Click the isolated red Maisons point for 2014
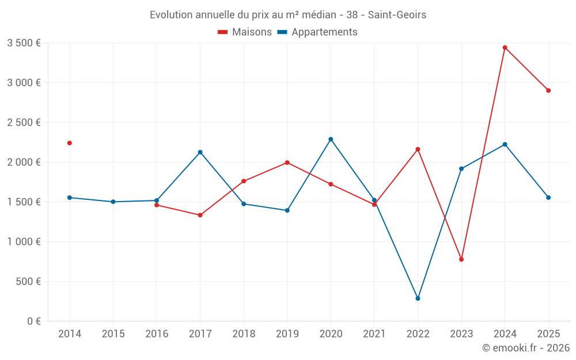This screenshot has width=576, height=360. [x=70, y=143]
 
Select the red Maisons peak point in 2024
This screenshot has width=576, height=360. [x=505, y=48]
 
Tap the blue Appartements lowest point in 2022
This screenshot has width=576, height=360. [x=418, y=298]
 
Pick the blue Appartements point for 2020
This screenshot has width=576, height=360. [x=331, y=139]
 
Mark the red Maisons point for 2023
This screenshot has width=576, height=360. [x=461, y=259]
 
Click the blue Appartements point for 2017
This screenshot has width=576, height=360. [x=200, y=152]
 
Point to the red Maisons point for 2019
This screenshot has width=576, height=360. [x=287, y=162]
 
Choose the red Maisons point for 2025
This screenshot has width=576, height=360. [x=548, y=90]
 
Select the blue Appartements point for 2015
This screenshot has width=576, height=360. [x=113, y=202]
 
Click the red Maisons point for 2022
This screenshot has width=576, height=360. [x=418, y=149]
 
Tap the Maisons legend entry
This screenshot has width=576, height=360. [x=245, y=32]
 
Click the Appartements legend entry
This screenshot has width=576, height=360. [x=317, y=32]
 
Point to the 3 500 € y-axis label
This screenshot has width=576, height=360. [x=24, y=43]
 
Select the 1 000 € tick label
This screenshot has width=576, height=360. [x=24, y=242]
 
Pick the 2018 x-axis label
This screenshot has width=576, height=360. [x=244, y=334]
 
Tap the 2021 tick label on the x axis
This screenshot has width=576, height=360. [x=374, y=334]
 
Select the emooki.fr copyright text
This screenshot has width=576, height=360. [x=525, y=348]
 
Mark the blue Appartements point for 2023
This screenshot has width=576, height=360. [x=461, y=169]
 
